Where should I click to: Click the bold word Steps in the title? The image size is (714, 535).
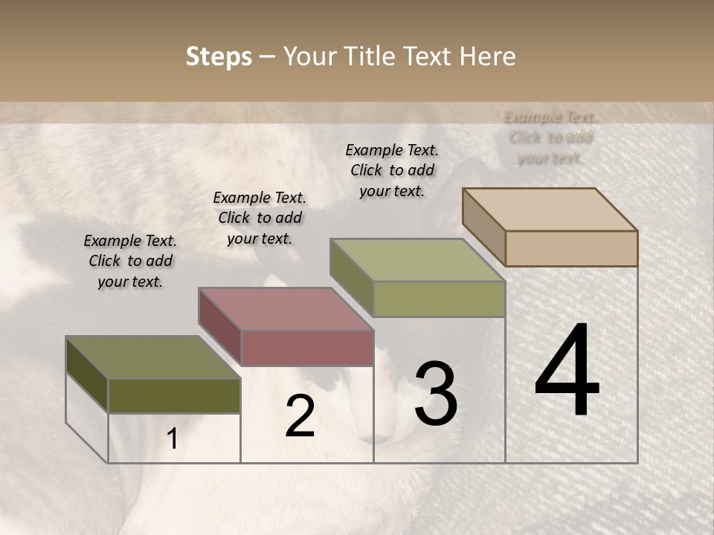tap(219, 56)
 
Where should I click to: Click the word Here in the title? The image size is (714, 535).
tap(488, 56)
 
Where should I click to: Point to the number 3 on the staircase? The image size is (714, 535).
tap(435, 394)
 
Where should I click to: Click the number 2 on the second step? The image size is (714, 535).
tap(300, 416)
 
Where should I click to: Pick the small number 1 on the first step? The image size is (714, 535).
tap(173, 439)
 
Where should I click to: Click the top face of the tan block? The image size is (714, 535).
tap(550, 210)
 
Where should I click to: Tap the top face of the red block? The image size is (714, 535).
tap(286, 309)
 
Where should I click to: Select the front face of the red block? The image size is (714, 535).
tap(307, 348)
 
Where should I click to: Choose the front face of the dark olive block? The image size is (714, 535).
tap(174, 396)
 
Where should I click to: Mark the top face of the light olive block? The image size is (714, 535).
tap(417, 260)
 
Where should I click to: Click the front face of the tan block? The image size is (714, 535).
tap(571, 248)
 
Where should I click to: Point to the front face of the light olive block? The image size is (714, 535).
tap(439, 299)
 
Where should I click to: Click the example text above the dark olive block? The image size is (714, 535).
tap(130, 261)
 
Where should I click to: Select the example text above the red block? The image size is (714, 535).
tap(260, 218)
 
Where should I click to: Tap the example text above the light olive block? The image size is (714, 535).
tap(392, 170)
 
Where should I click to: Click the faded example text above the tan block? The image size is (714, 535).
tap(550, 137)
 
